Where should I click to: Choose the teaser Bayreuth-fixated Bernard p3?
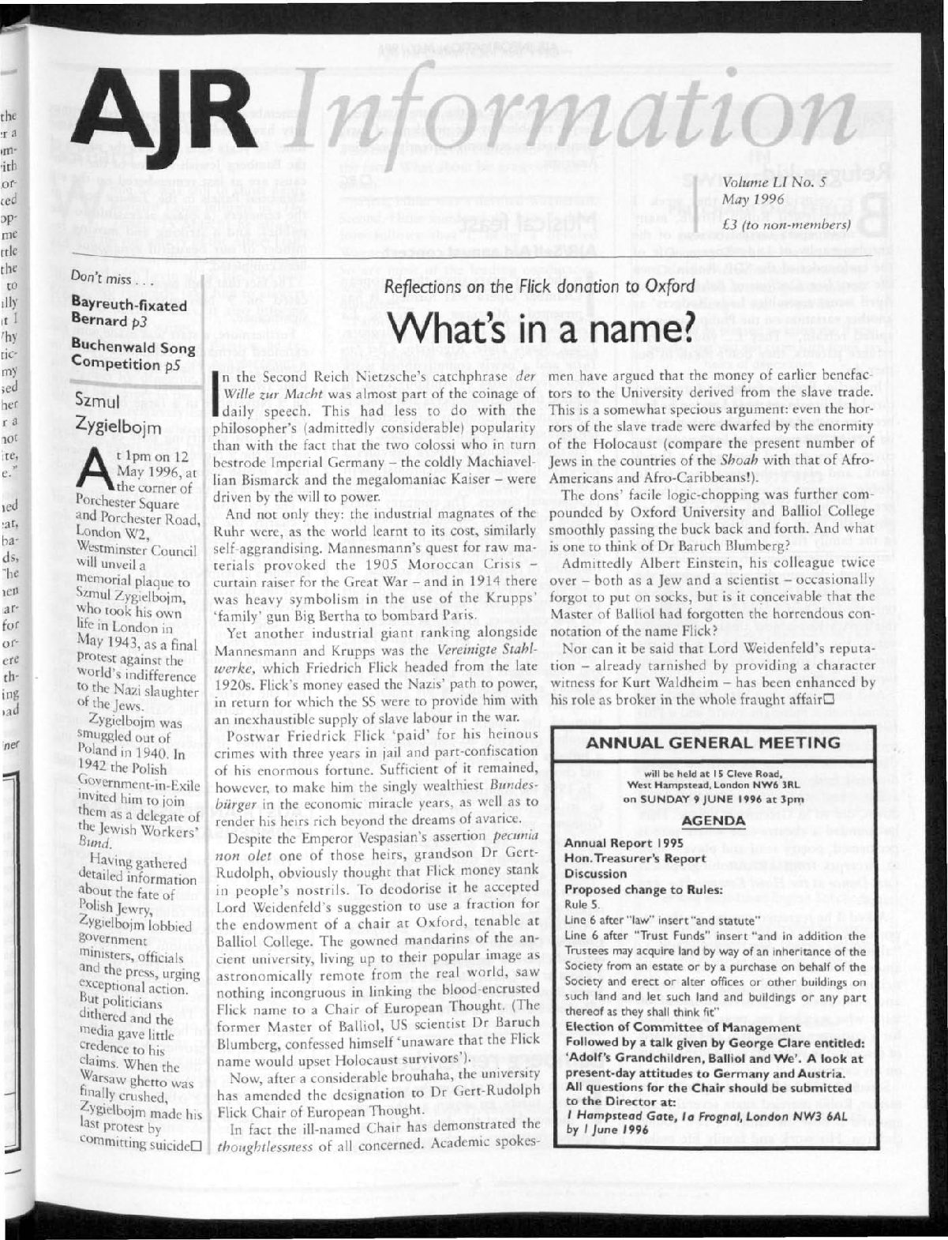coord(129,312)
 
